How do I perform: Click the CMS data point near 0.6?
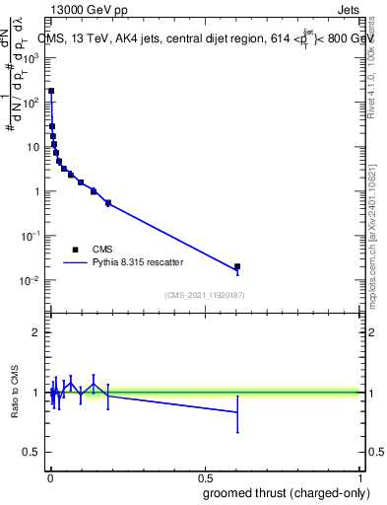point(236,266)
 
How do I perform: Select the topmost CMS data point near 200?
point(51,91)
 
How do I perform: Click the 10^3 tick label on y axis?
point(32,58)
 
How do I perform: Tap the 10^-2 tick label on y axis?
point(32,281)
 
